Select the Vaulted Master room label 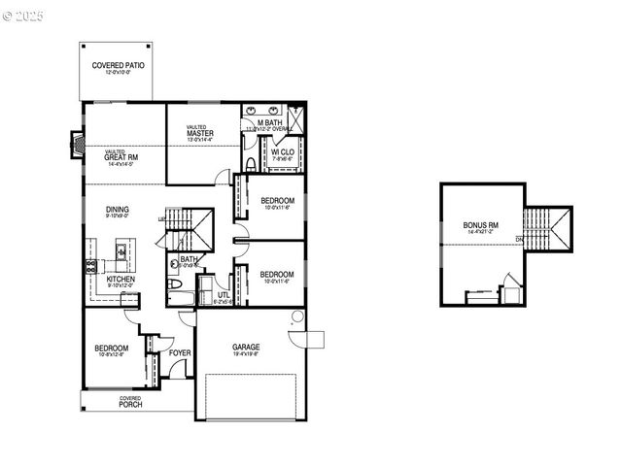200,132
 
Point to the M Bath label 269,121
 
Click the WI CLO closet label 283,152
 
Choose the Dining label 119,209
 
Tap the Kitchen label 121,280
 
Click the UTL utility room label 224,295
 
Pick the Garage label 245,347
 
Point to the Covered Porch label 130,404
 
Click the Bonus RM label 480,225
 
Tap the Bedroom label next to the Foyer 111,349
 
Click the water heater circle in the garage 297,316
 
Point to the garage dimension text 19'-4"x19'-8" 245,355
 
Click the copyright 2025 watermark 23,17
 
